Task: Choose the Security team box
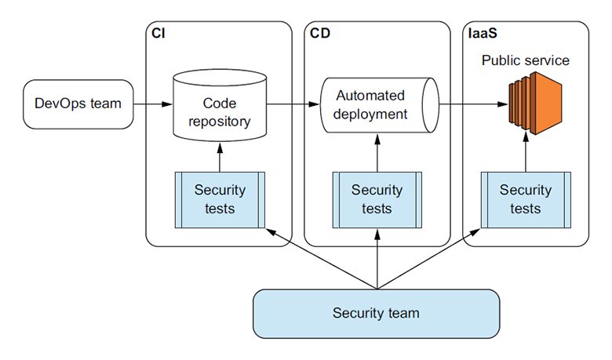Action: (376, 313)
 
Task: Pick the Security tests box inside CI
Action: (219, 198)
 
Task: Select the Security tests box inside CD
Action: (377, 198)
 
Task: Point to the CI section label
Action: (158, 35)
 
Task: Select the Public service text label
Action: (525, 60)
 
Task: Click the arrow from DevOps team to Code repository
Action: (151, 103)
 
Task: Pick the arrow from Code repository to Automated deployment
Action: (293, 103)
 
